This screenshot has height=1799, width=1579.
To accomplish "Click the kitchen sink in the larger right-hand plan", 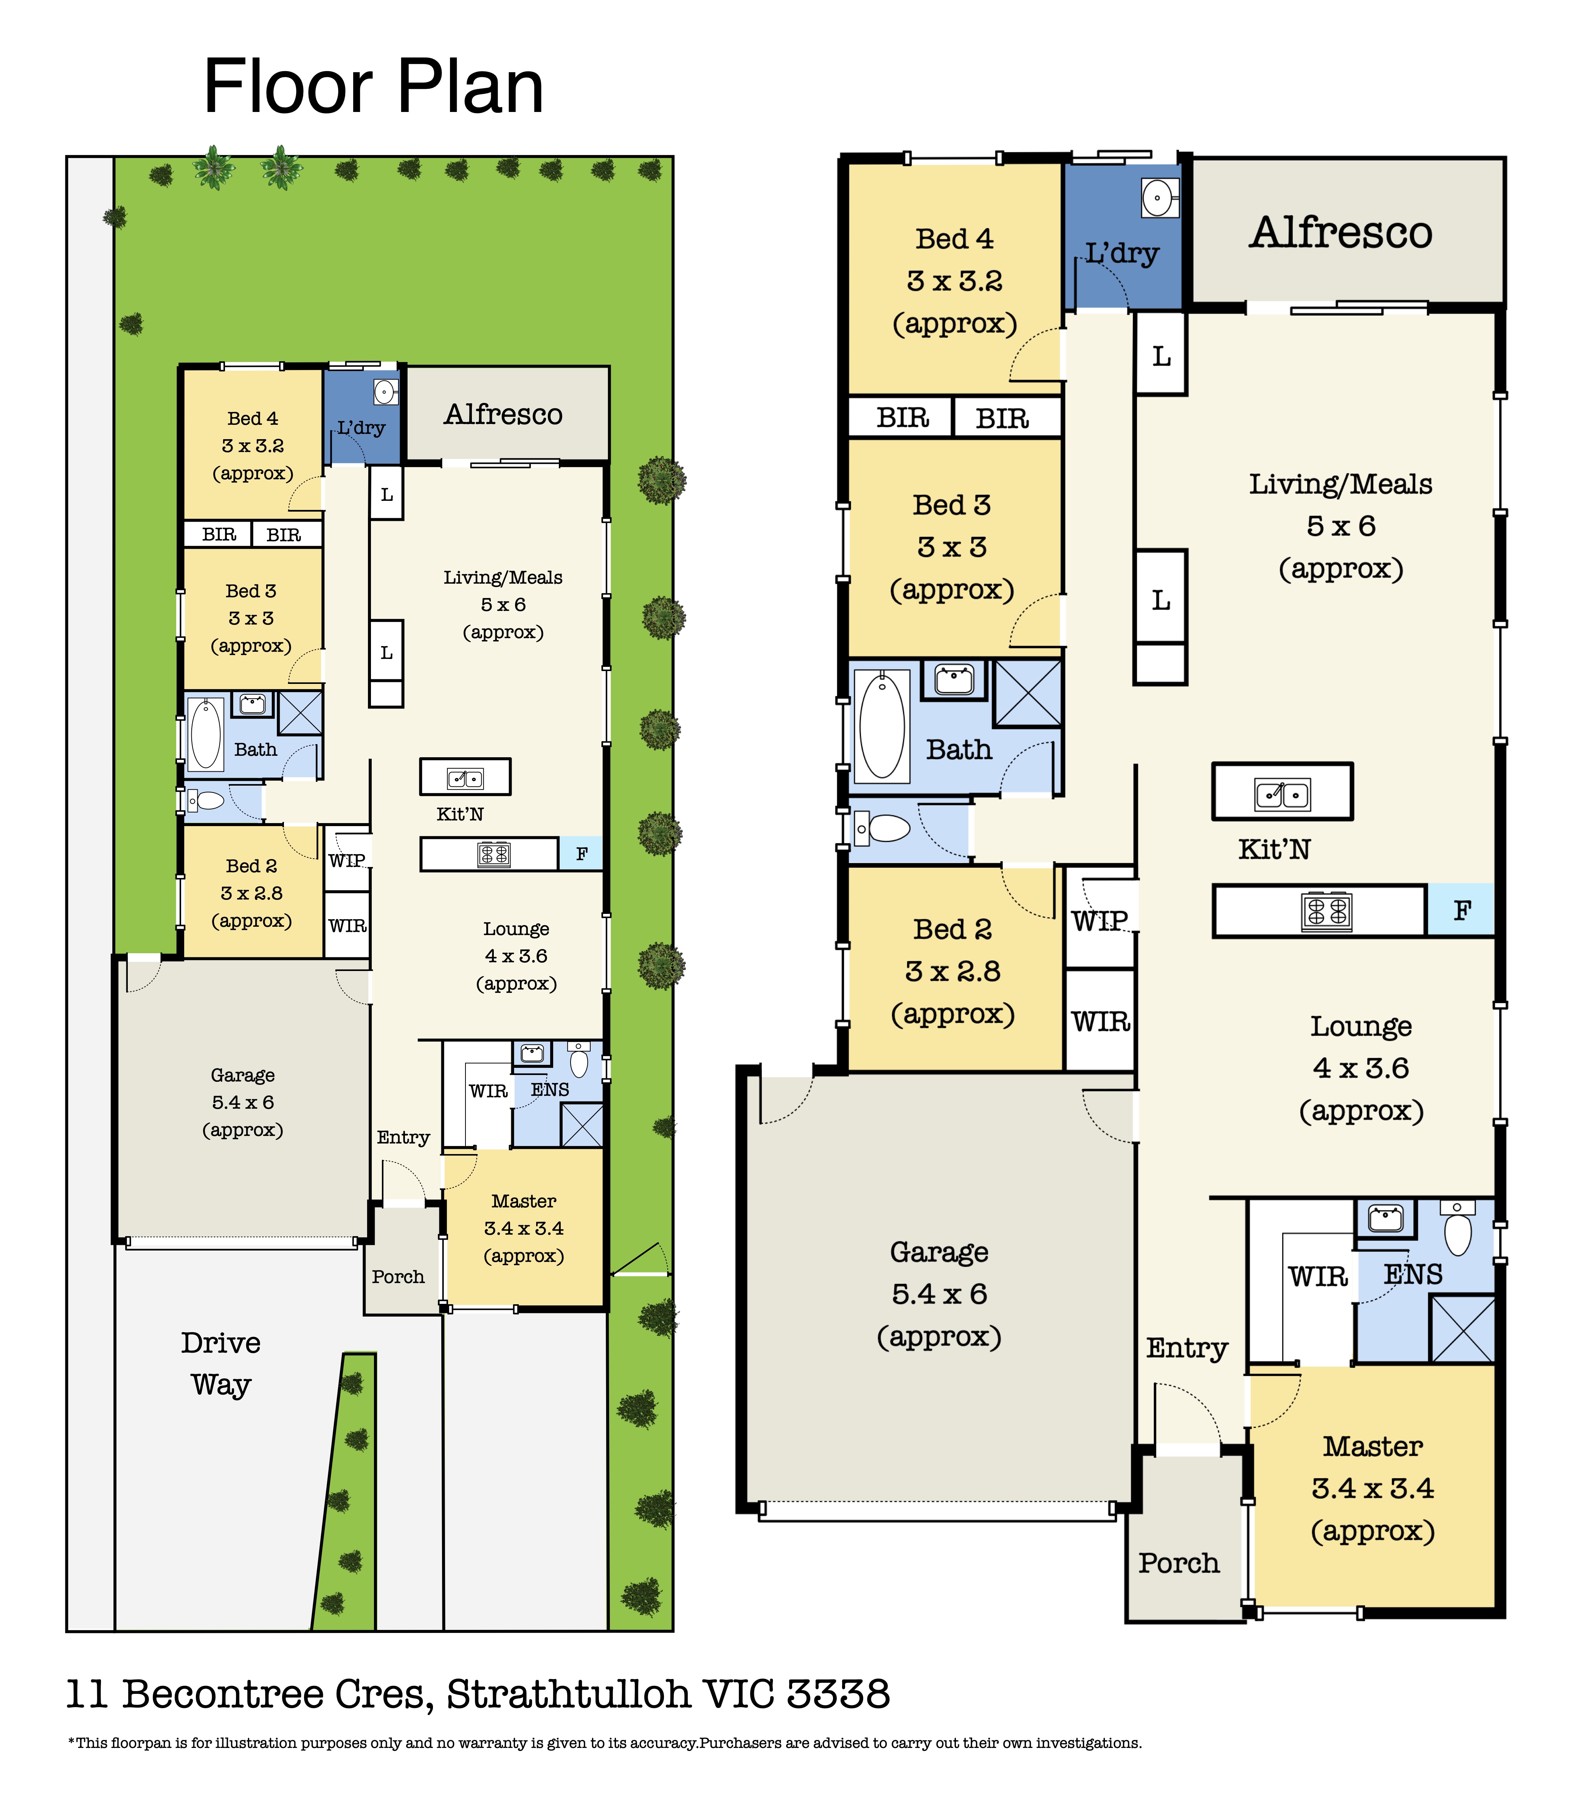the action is click(1283, 794).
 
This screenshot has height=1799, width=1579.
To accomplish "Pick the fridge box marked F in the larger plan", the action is click(1460, 910).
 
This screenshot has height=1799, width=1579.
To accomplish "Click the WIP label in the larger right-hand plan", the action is click(1100, 921).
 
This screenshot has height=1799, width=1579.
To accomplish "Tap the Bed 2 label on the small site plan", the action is click(251, 866).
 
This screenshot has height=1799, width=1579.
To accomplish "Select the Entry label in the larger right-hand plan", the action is click(1187, 1347).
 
